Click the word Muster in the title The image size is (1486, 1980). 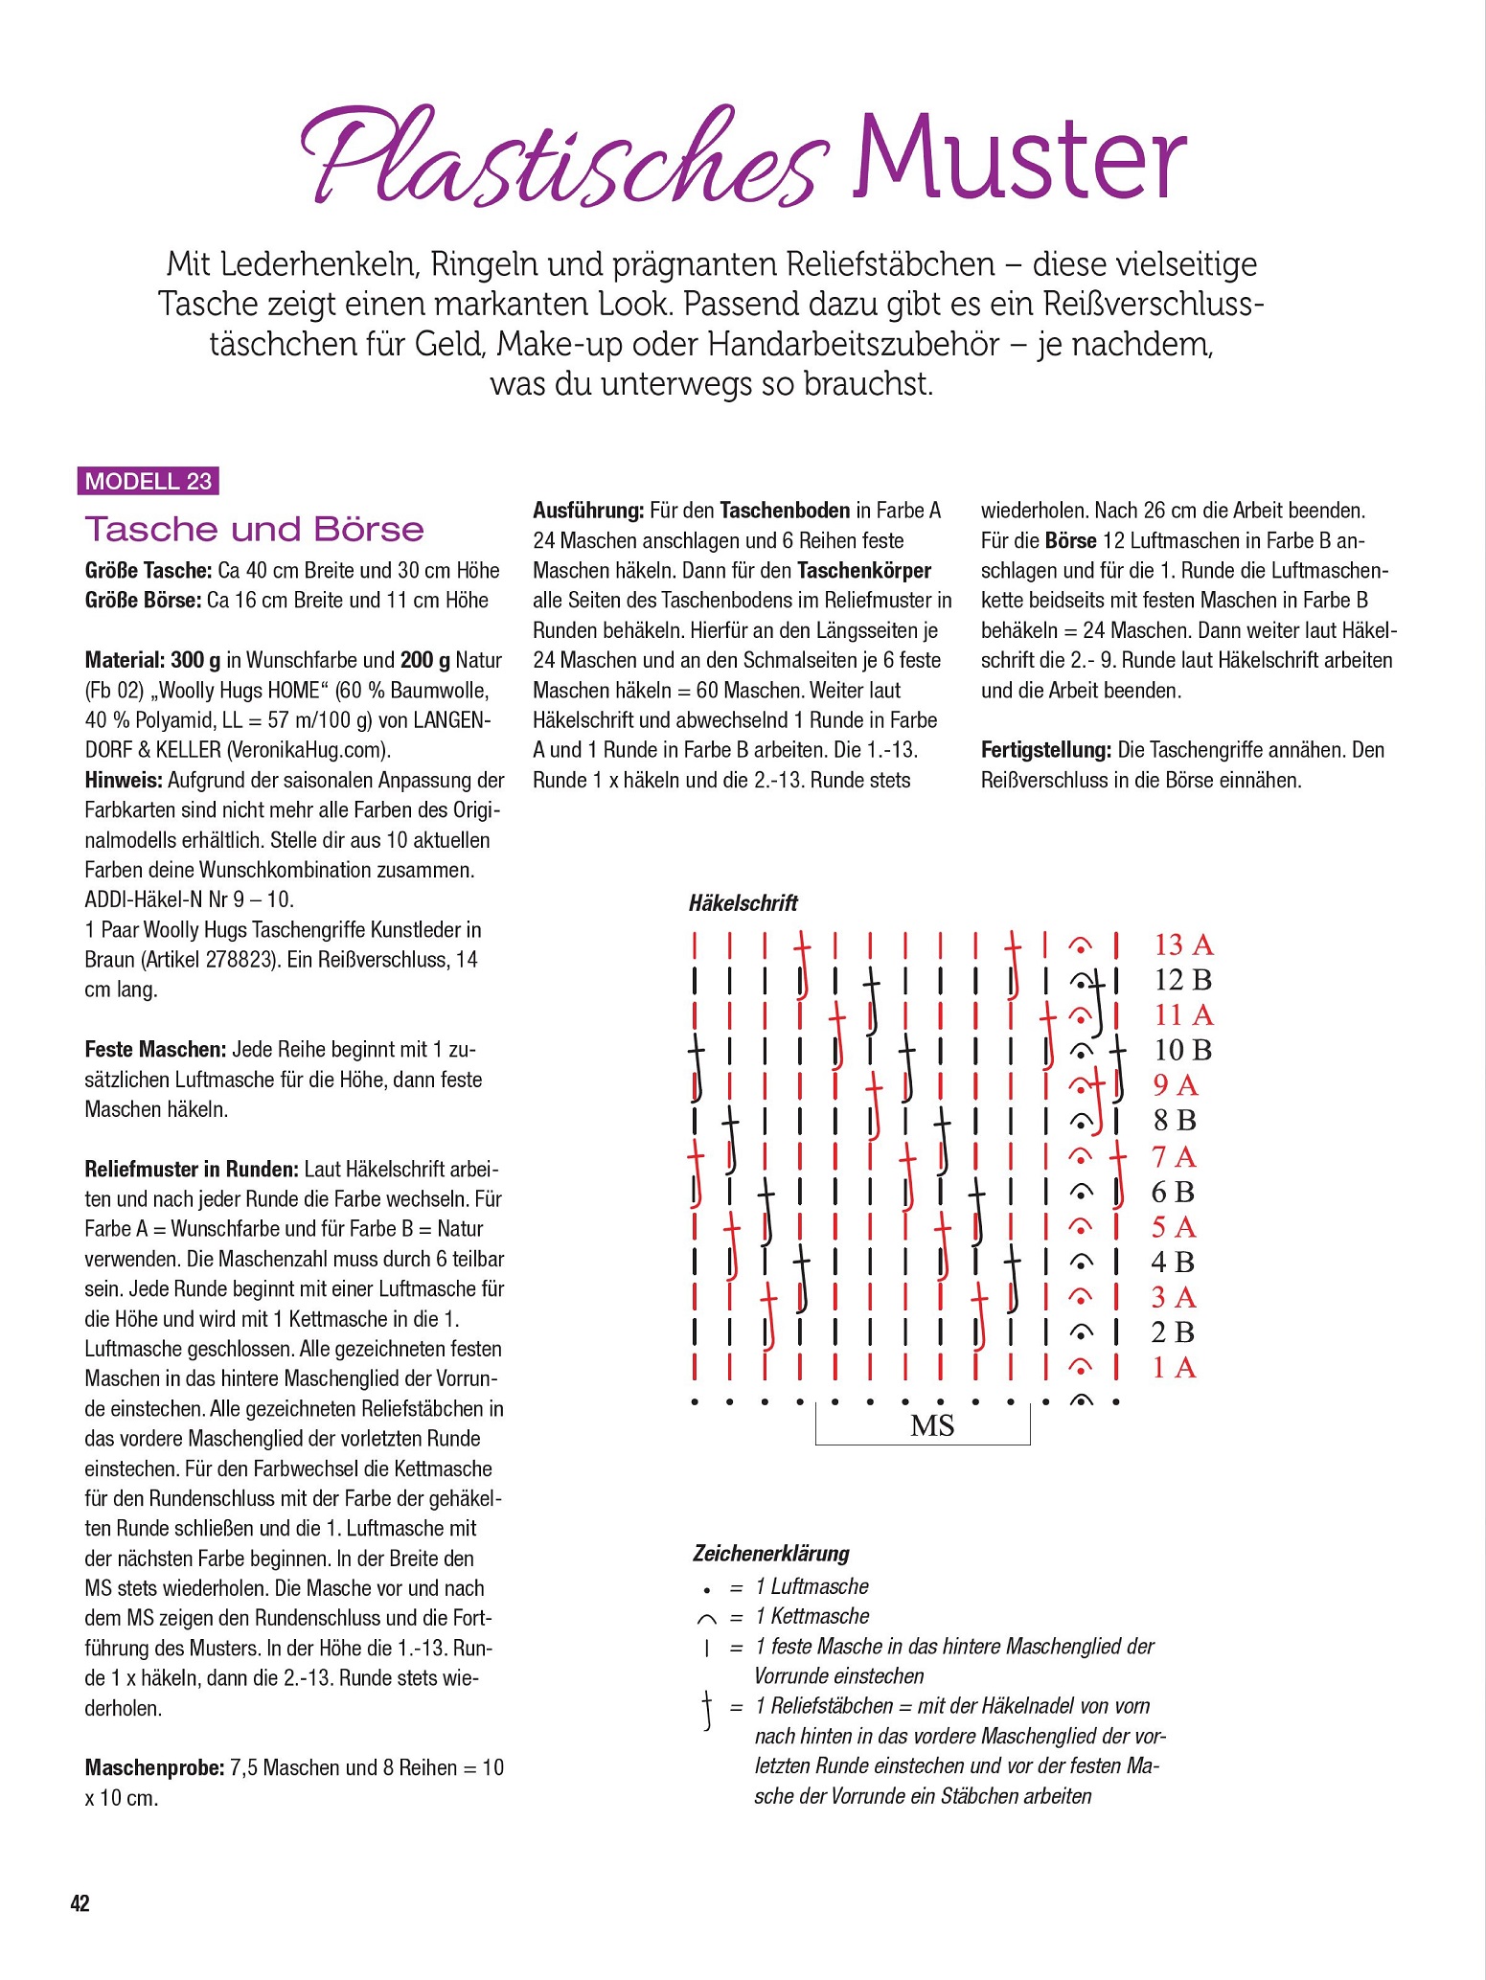point(1020,158)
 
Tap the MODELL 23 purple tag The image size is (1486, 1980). point(149,481)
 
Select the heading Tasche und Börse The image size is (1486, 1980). point(255,529)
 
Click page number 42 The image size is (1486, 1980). point(80,1903)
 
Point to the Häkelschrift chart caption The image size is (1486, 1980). point(743,902)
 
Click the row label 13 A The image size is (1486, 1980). point(1183,945)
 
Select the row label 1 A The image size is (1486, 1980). point(1174,1368)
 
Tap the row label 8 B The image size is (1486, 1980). point(1175,1120)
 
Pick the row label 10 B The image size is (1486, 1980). point(1183,1050)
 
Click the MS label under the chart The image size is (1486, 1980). point(932,1426)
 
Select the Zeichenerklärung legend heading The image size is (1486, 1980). point(771,1553)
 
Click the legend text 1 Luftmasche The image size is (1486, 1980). point(812,1586)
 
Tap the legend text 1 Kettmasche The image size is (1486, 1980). point(812,1616)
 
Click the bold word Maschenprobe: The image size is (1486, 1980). point(155,1767)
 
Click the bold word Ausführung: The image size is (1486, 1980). point(588,511)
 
